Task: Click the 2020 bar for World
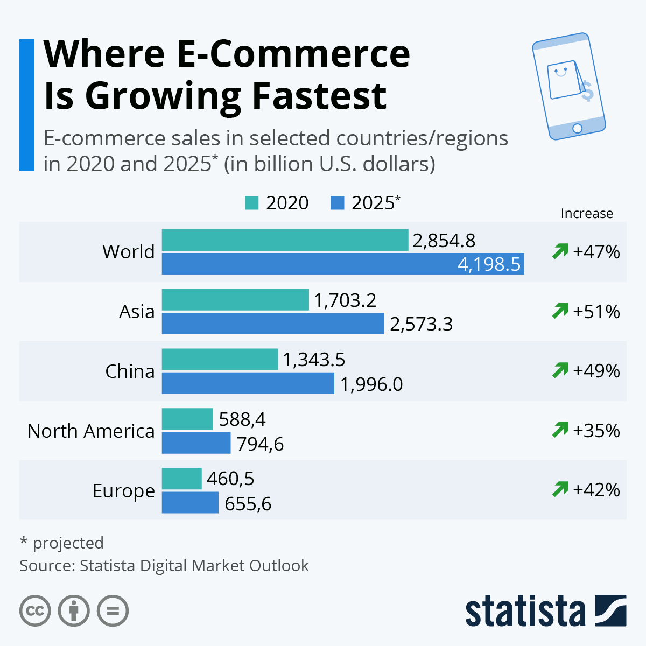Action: click(285, 240)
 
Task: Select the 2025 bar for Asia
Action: click(272, 324)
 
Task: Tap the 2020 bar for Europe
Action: click(181, 479)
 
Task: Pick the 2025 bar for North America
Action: click(196, 443)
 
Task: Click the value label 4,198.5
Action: click(489, 264)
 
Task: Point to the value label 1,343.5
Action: click(314, 360)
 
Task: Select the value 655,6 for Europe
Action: click(248, 503)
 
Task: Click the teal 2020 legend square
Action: click(251, 203)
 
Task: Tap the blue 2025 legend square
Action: click(337, 203)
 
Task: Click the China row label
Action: click(130, 371)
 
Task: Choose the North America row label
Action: click(91, 431)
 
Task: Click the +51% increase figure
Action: click(596, 312)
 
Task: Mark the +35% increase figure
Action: click(596, 431)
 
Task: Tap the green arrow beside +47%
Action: click(560, 251)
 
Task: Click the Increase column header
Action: click(587, 214)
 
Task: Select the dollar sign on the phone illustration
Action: click(587, 92)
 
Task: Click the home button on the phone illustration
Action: click(577, 128)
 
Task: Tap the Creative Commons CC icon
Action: click(35, 611)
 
